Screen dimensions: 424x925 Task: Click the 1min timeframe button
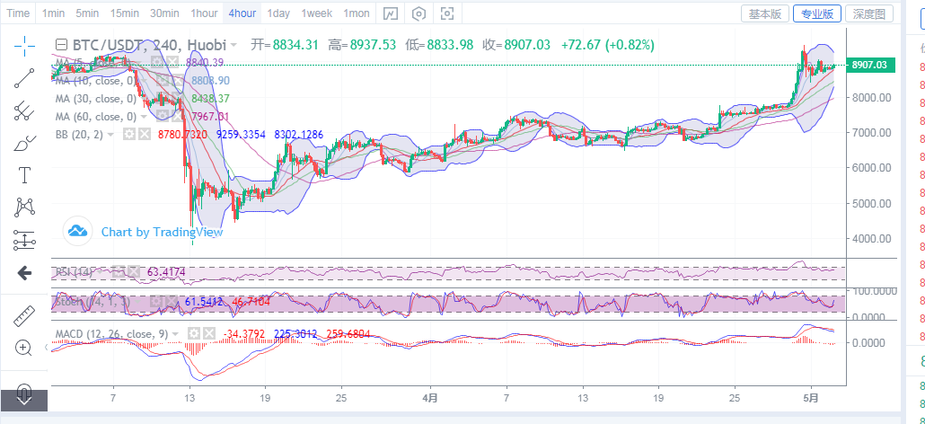coord(53,13)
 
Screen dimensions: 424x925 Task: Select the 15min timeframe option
coord(124,13)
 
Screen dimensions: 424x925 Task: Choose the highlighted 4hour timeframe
coord(242,13)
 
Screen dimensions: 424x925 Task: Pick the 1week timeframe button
coord(317,13)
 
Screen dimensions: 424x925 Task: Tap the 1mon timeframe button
coord(357,13)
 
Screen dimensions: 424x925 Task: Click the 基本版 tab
coord(766,13)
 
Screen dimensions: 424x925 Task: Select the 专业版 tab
coord(816,13)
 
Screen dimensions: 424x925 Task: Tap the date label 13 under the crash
coord(189,396)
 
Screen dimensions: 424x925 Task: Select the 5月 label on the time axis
coord(812,396)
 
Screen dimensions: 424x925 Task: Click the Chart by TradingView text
coord(162,232)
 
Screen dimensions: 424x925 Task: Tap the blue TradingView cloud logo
coord(78,232)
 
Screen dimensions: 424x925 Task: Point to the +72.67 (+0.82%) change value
coord(607,45)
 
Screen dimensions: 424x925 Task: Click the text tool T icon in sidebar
coord(24,174)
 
